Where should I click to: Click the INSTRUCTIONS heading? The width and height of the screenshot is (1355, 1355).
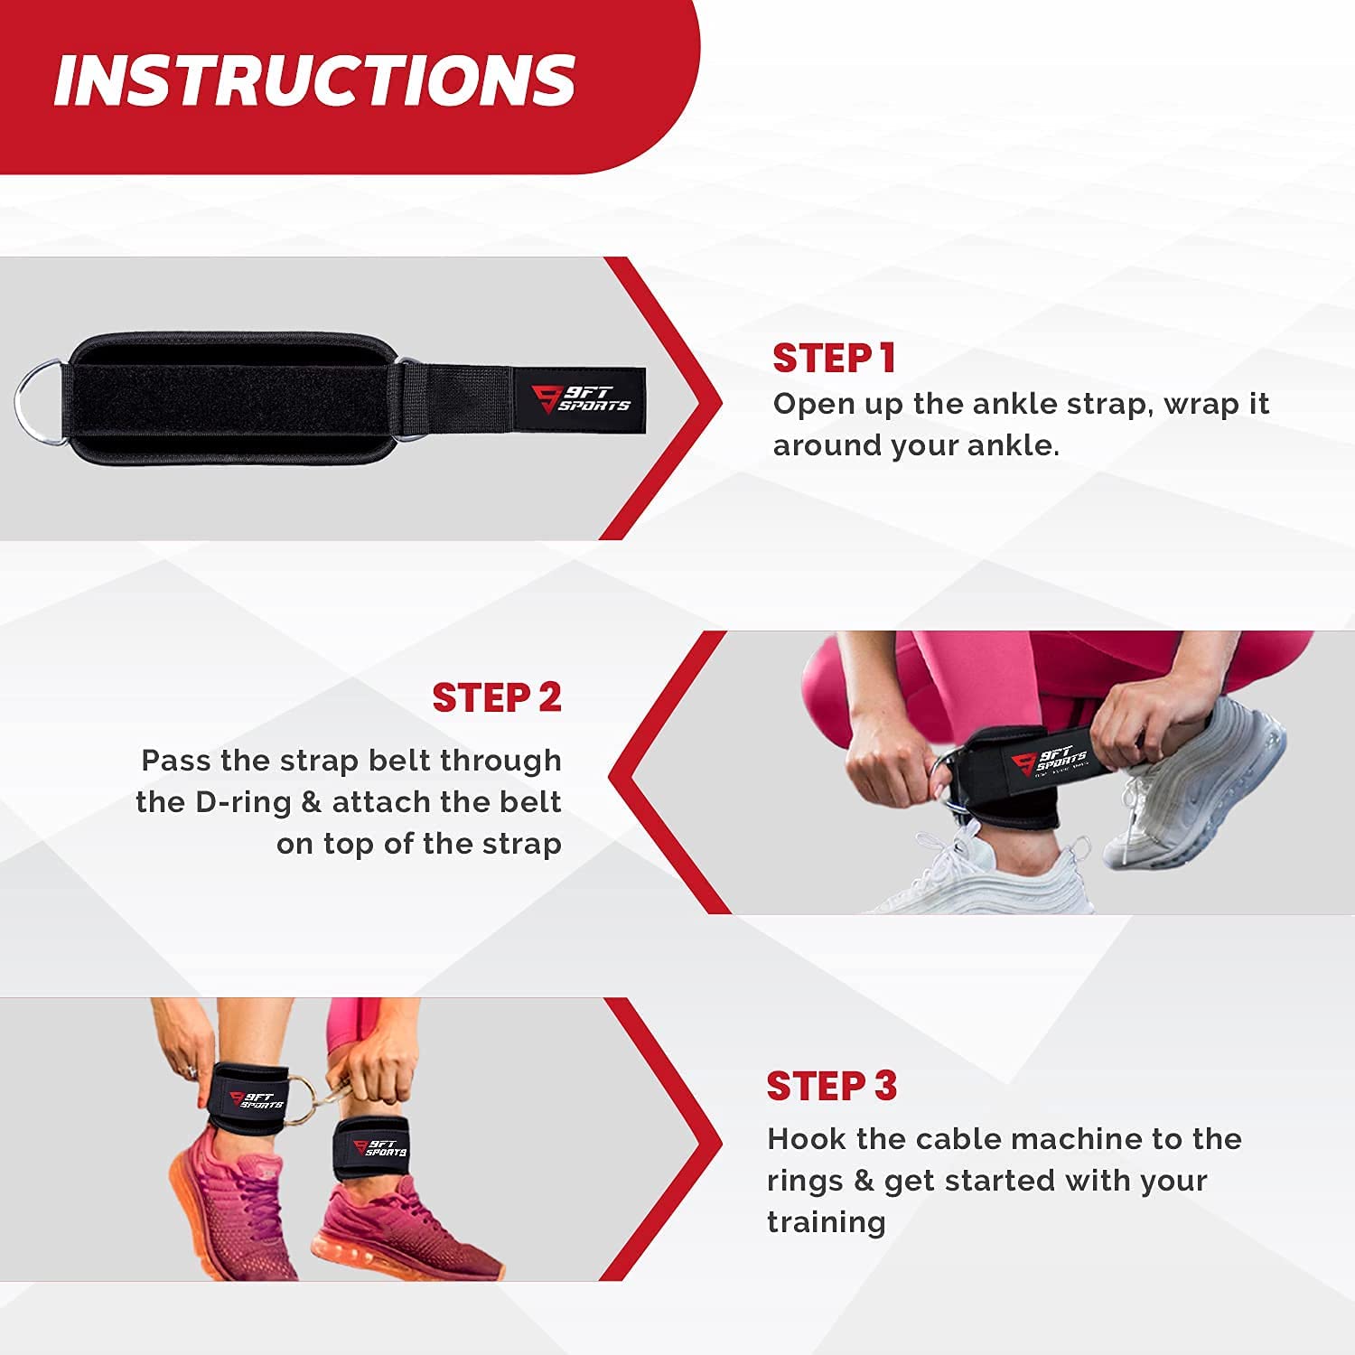314,79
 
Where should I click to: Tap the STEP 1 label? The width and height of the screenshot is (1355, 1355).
834,359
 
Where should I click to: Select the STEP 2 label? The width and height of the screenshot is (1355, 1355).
497,697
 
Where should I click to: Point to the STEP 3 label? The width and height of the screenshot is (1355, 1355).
832,1086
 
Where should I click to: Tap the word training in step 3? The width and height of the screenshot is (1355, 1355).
827,1222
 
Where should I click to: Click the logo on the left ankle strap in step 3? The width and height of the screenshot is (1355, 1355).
257,1099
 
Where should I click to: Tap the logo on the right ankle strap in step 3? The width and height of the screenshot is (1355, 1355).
380,1148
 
